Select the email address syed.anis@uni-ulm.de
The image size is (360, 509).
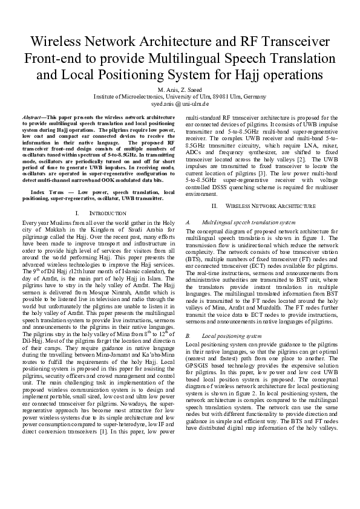point(180,104)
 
